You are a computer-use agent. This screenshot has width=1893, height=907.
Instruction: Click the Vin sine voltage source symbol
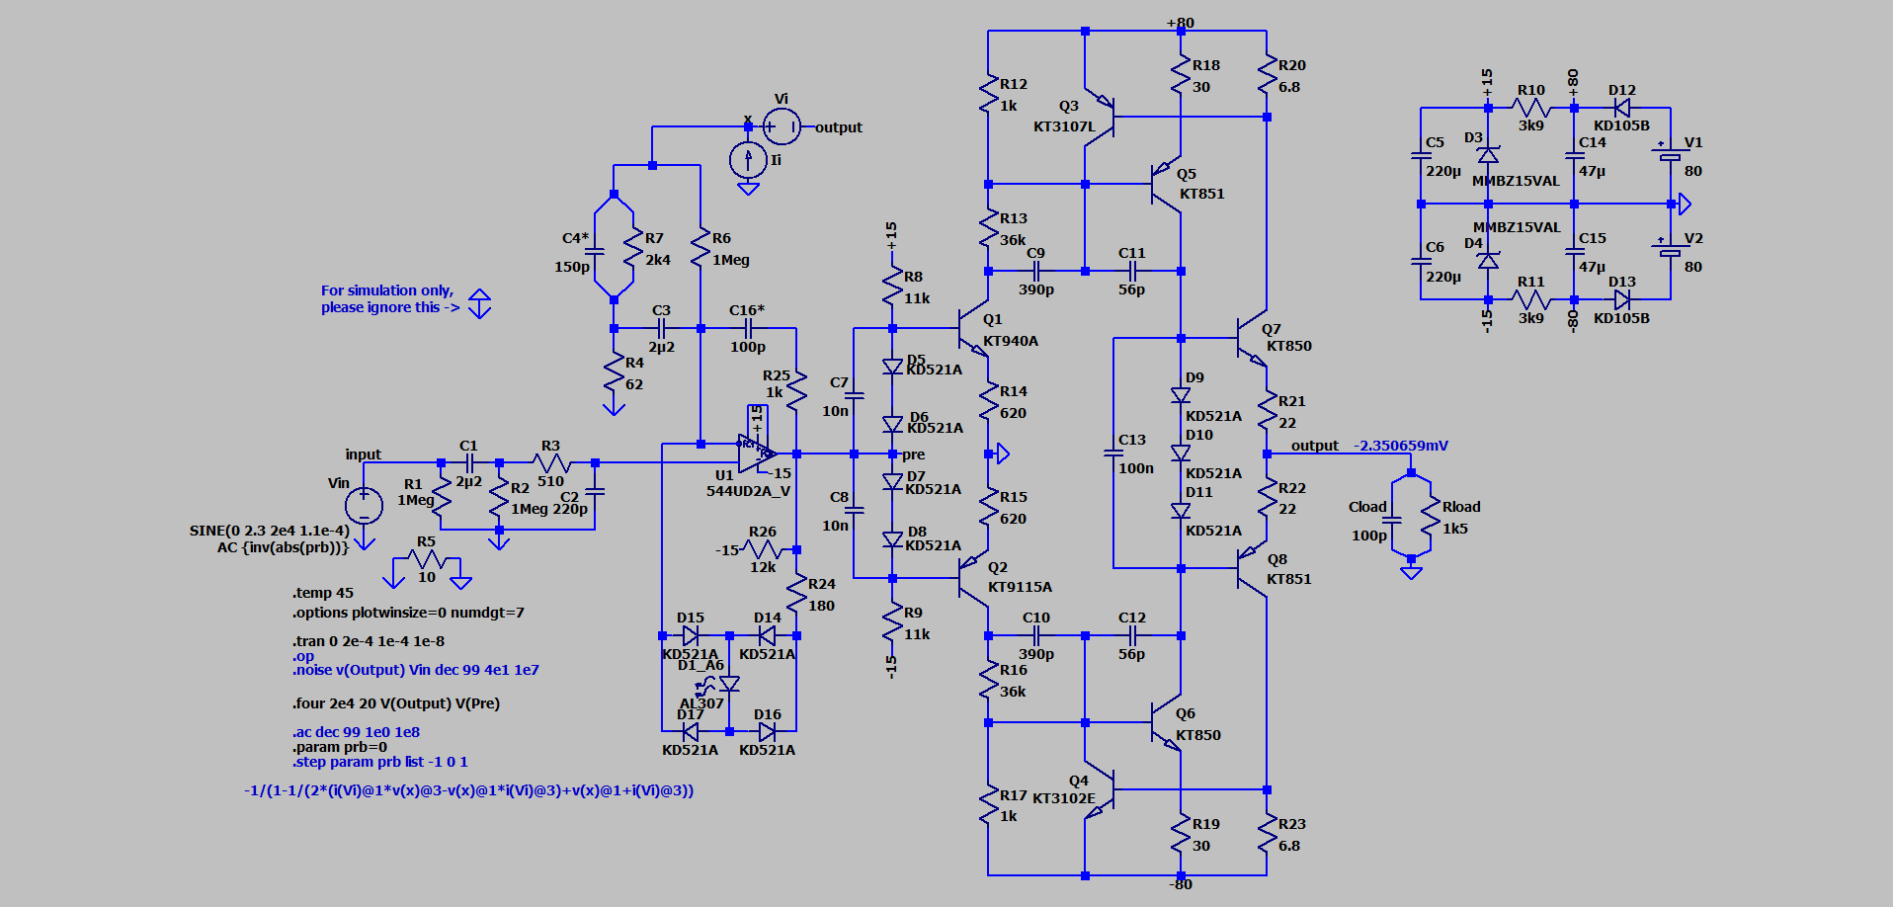click(364, 505)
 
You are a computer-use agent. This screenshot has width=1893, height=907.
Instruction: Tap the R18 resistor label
click(1205, 65)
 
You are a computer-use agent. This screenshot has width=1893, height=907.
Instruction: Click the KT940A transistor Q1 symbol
click(972, 329)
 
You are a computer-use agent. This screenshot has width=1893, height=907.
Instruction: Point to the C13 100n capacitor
click(1113, 453)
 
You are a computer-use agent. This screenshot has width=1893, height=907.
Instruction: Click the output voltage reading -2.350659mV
click(1400, 446)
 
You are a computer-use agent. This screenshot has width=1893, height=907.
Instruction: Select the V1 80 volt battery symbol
click(1670, 155)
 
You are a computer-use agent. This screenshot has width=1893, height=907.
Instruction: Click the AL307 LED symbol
click(729, 684)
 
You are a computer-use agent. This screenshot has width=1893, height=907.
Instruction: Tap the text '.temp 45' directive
click(323, 593)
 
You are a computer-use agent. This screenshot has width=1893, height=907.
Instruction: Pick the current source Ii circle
click(748, 159)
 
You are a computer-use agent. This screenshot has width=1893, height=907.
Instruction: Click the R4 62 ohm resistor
click(614, 374)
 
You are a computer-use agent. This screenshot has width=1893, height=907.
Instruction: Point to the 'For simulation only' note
click(388, 298)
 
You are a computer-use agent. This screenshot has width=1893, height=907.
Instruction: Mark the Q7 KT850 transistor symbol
click(1250, 338)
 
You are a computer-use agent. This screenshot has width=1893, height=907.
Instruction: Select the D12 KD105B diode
click(1621, 108)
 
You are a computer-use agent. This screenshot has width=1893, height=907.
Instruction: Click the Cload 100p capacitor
click(1392, 518)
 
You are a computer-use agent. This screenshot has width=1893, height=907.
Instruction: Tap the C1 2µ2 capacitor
click(469, 462)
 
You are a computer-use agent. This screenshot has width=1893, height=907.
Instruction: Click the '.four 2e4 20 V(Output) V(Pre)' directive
click(396, 703)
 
